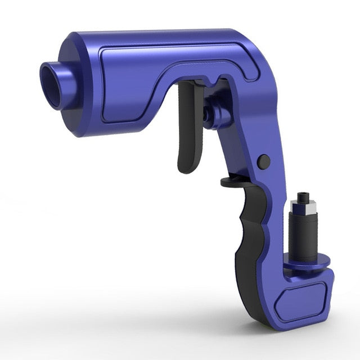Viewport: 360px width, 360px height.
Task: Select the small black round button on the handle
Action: click(263, 161)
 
